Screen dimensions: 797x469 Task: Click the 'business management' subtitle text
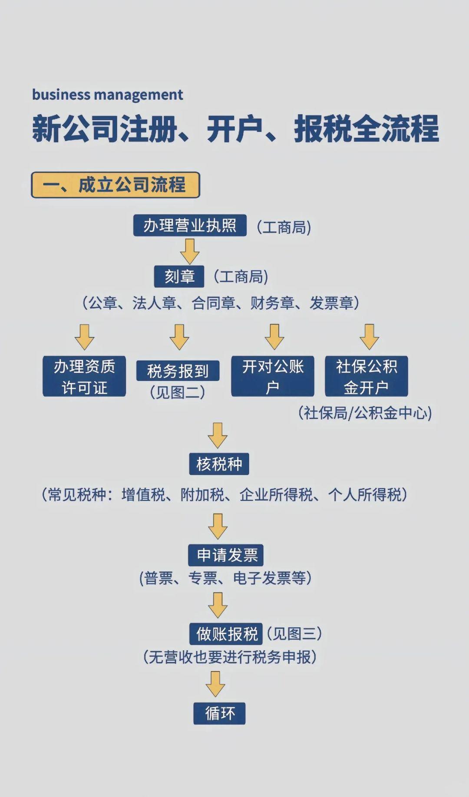(108, 95)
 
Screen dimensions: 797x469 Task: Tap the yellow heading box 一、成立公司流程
(116, 185)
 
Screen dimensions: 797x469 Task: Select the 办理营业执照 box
(190, 225)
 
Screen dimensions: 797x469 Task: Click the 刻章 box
(179, 277)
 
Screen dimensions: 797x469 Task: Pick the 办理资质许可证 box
(84, 376)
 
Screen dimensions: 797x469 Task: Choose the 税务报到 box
(178, 371)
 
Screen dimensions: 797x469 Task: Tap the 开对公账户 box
(272, 376)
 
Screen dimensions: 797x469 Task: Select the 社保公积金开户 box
(367, 376)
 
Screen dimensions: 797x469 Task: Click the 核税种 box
(219, 464)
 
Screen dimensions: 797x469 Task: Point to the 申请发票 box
(226, 555)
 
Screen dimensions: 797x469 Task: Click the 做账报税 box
(226, 634)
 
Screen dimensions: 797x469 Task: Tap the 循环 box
(219, 713)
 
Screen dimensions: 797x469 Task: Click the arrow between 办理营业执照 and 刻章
(190, 251)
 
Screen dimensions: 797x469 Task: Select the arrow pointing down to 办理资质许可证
(84, 336)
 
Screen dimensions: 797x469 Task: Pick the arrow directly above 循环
(215, 684)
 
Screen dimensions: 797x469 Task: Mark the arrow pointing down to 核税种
(218, 435)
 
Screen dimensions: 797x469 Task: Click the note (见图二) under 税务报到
(177, 392)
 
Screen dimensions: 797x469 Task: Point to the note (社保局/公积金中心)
(365, 413)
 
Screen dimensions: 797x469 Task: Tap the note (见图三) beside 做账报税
(294, 634)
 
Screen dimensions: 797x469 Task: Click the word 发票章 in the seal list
(331, 303)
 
